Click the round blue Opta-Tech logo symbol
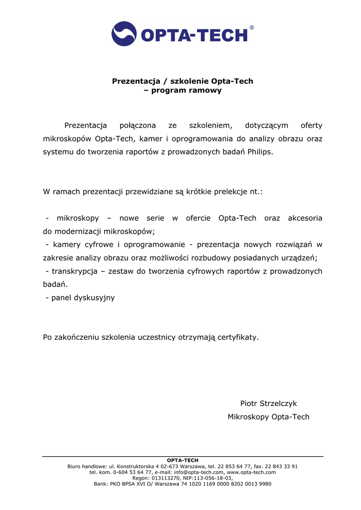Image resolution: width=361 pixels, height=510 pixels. pos(124,34)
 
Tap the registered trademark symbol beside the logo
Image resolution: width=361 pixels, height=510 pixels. pos(251,28)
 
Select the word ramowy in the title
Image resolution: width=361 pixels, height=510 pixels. pos(205,91)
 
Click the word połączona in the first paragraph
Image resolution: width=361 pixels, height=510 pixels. pos(138,126)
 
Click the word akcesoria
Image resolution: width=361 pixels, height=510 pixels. pos(305,218)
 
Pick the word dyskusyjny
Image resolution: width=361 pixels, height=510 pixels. pos(94,298)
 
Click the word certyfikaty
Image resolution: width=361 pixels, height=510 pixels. pos(237,338)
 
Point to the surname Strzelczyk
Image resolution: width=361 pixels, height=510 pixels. pos(277,403)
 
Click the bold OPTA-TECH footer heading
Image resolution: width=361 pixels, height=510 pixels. pos(182,460)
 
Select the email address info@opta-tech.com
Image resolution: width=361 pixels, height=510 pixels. pos(199,472)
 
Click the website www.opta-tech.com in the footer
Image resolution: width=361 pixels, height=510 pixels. pos(251,472)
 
